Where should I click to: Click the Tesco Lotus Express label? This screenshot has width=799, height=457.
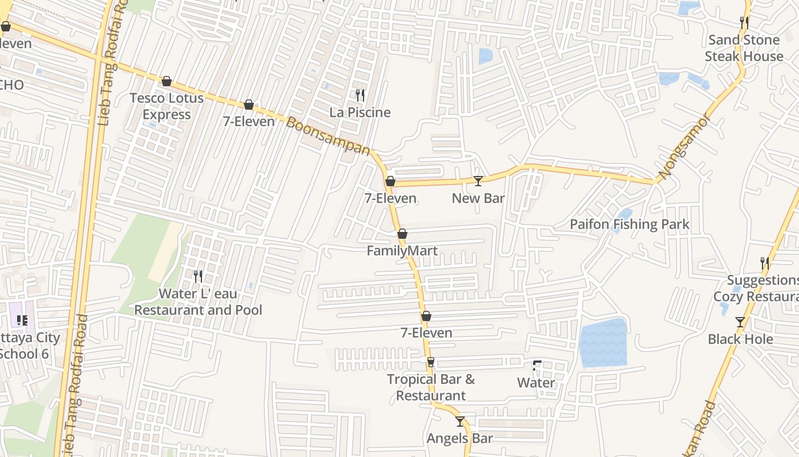pos(166,106)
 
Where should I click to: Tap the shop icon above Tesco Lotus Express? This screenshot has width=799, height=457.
pos(166,81)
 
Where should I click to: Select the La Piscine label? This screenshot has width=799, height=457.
pos(360,113)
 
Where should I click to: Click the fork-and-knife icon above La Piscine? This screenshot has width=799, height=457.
pos(360,95)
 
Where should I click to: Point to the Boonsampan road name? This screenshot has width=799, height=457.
pos(328,136)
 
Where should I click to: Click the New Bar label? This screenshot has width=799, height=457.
pos(478,198)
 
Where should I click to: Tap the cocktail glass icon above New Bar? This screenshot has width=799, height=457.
pos(478,181)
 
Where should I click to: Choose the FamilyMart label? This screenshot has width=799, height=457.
pos(402,251)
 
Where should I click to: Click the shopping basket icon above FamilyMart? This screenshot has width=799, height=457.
pos(402,234)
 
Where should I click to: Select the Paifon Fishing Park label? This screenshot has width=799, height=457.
pos(629,225)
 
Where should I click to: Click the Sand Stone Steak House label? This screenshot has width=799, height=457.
pos(744,48)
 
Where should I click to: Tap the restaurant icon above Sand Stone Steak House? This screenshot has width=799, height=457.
pos(744,22)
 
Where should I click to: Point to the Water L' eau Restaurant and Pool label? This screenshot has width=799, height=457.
pos(198,302)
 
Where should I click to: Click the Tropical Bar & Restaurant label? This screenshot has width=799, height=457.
pos(431,387)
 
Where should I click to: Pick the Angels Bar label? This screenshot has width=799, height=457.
pos(459,439)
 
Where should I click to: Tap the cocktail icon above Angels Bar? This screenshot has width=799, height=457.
pos(460,422)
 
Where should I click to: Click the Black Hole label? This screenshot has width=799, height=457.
pos(740,339)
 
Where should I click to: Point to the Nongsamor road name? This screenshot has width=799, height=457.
pos(684,146)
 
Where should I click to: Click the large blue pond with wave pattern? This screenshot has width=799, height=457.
pos(603,343)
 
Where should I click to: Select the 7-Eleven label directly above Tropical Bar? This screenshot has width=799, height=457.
pos(426,333)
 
